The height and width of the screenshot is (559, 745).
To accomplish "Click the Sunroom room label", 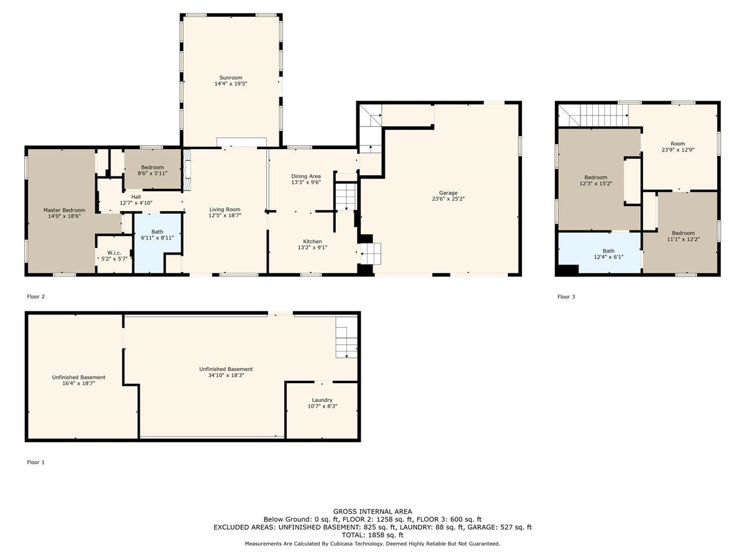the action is [x=230, y=78].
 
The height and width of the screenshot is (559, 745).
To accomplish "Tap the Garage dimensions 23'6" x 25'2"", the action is [x=448, y=199].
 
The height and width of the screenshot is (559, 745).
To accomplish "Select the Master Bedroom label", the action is [x=64, y=210].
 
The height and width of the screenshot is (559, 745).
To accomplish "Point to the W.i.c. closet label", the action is [x=114, y=253].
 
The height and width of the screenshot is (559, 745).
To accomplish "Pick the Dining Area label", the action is [x=306, y=176].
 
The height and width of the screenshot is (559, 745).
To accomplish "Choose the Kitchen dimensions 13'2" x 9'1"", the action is [x=312, y=248].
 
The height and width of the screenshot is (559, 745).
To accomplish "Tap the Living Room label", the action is [x=225, y=209].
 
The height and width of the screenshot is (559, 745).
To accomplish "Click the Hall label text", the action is [x=136, y=197].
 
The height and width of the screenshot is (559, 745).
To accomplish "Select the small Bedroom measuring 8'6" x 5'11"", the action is [x=152, y=170].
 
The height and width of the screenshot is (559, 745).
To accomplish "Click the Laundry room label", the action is [x=322, y=400].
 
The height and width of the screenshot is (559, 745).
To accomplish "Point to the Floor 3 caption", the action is [x=566, y=297].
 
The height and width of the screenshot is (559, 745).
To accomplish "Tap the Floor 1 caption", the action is [x=35, y=462].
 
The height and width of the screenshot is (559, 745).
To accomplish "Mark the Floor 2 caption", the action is [x=35, y=297].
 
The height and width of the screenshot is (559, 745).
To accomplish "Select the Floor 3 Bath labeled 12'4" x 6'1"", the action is [x=608, y=254].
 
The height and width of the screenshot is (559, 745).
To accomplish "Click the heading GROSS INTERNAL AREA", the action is [x=372, y=511].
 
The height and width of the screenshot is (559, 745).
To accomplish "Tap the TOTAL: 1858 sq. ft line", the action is [x=372, y=535].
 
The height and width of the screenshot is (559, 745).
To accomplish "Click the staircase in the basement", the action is [x=346, y=337].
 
